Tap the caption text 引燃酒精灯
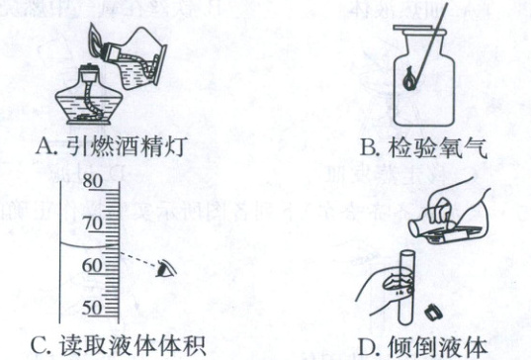click(125, 146)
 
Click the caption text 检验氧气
click(437, 147)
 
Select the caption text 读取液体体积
click(133, 345)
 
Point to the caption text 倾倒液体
click(437, 346)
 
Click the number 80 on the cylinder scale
click(92, 181)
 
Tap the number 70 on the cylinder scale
click(92, 224)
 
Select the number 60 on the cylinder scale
click(92, 265)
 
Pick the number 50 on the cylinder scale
click(92, 308)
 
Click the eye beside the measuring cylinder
click(165, 269)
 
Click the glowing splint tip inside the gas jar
click(409, 79)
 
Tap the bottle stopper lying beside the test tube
click(433, 312)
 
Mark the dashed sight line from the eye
click(138, 259)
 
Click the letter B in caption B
click(369, 147)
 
